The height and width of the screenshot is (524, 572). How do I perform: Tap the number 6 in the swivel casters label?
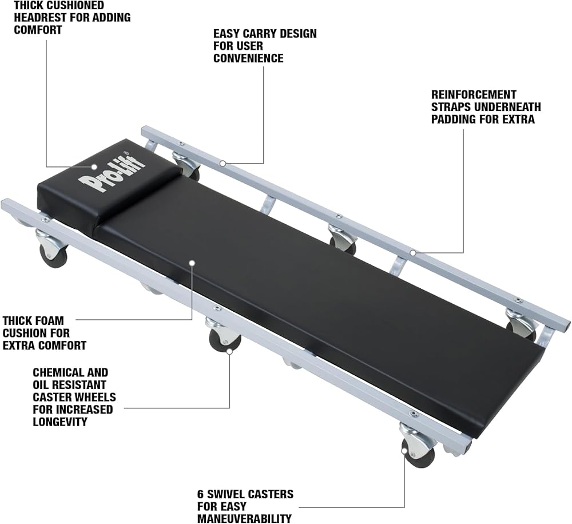(x=201, y=494)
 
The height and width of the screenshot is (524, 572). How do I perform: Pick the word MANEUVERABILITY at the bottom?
(x=244, y=519)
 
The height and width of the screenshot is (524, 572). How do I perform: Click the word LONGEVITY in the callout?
(x=59, y=422)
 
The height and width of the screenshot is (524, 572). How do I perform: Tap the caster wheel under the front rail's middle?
(x=224, y=341)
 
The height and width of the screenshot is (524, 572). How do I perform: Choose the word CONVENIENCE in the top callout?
(x=248, y=58)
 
